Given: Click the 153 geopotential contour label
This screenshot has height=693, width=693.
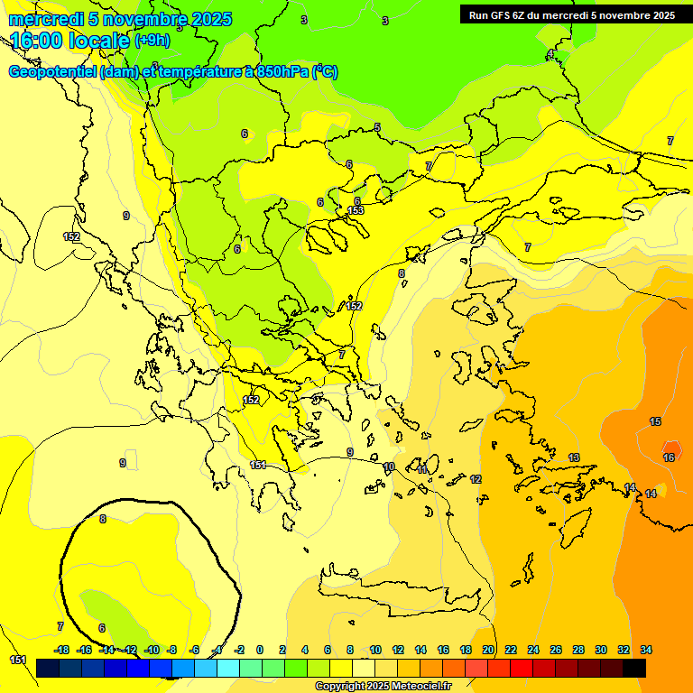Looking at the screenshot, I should pos(356,210).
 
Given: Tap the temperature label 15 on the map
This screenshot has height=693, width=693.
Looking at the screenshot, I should pos(655,422).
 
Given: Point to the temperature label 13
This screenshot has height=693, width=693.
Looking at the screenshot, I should pos(574,458).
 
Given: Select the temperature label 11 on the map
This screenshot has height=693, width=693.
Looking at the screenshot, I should pos(422,470).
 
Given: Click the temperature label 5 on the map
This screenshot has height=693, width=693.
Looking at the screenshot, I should pos(377,127).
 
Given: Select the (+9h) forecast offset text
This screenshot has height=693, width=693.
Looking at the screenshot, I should pos(152,41).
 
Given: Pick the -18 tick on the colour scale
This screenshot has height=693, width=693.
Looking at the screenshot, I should pos(62,650).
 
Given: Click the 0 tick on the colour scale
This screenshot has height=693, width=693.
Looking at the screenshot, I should pos(260,650).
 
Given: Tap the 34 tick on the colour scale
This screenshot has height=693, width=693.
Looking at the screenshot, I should pos(646,650).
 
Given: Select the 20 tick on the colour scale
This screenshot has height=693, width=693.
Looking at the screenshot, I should pos(488,650).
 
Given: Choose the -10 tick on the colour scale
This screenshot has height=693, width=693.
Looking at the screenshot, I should pos(152,650).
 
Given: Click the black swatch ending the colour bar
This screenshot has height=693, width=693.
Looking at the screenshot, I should pos(634,668).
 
